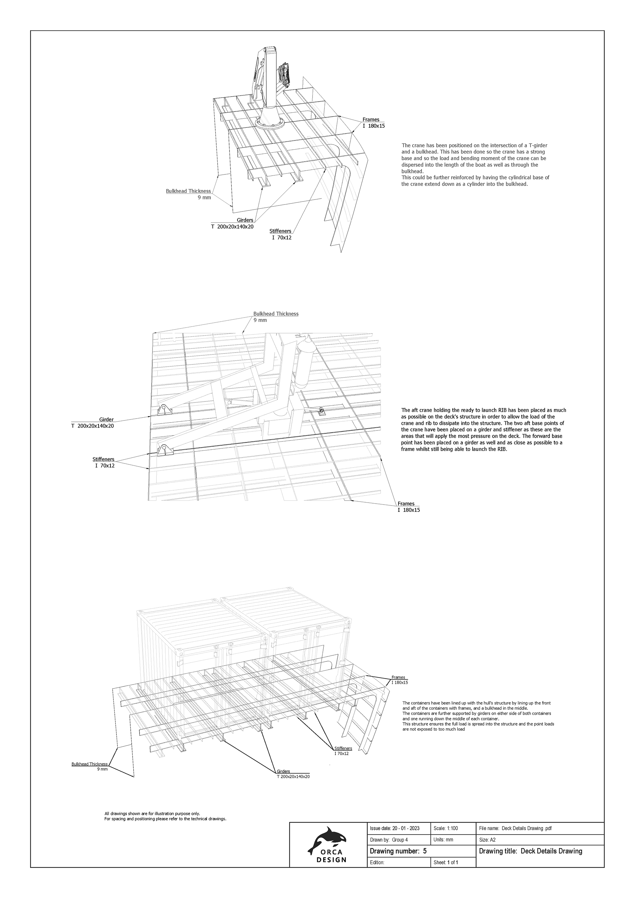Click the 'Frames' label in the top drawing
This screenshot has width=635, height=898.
coord(371,120)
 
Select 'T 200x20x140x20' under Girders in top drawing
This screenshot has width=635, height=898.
coord(232,226)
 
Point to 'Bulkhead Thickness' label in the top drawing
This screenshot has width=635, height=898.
coord(189,191)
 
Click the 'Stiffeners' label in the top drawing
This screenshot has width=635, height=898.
coord(280,231)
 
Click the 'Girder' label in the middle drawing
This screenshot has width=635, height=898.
coord(106,420)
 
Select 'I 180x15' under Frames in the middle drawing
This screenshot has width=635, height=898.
coord(408,510)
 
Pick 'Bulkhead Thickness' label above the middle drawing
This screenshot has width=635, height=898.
coord(275,314)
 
